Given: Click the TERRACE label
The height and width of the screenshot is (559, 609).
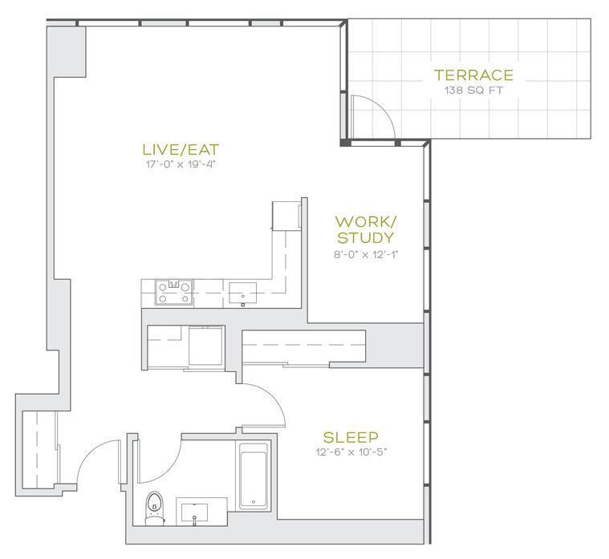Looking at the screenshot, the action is (x=473, y=75).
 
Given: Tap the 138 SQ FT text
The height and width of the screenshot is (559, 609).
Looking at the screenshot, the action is (x=473, y=91).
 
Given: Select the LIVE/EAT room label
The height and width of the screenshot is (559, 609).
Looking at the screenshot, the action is (x=181, y=149).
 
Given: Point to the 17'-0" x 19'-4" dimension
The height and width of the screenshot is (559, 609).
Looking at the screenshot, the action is (x=181, y=164).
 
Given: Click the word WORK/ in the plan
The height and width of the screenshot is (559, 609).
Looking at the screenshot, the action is (x=366, y=222).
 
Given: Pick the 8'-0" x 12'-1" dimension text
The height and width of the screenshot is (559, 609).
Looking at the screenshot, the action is (x=366, y=255).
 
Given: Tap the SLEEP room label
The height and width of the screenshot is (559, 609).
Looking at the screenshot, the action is (x=351, y=437).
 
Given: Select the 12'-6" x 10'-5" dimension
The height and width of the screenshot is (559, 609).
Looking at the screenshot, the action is (x=351, y=452).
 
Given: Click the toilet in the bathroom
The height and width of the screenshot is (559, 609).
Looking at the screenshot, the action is (x=155, y=508).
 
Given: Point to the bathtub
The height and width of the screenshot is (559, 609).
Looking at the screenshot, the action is (x=254, y=476).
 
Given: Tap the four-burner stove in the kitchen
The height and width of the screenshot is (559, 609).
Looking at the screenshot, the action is (x=174, y=292).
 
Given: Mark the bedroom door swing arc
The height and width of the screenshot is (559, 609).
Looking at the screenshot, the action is (x=274, y=396).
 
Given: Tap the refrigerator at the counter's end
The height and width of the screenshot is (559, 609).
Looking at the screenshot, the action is (x=286, y=215).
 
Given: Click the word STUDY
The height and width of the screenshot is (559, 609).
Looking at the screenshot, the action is (x=365, y=237).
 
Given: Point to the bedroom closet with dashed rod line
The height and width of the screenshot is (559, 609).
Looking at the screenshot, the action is (x=304, y=346).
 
